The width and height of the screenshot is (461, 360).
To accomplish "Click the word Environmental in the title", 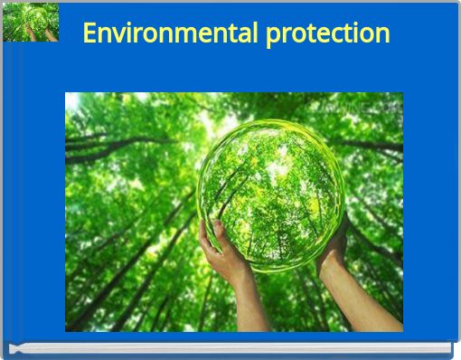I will coord(171,33).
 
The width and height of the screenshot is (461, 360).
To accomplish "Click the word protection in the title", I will coord(328,34).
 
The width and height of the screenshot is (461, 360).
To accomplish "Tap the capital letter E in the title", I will coord(90,33).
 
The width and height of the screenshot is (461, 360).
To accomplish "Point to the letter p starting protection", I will coord(274,36).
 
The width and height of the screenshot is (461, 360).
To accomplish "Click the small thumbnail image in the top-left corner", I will coord(31,23).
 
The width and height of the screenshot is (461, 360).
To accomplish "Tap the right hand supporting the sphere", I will coord(334,249).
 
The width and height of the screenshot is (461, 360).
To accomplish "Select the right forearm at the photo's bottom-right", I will coord(371,303).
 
